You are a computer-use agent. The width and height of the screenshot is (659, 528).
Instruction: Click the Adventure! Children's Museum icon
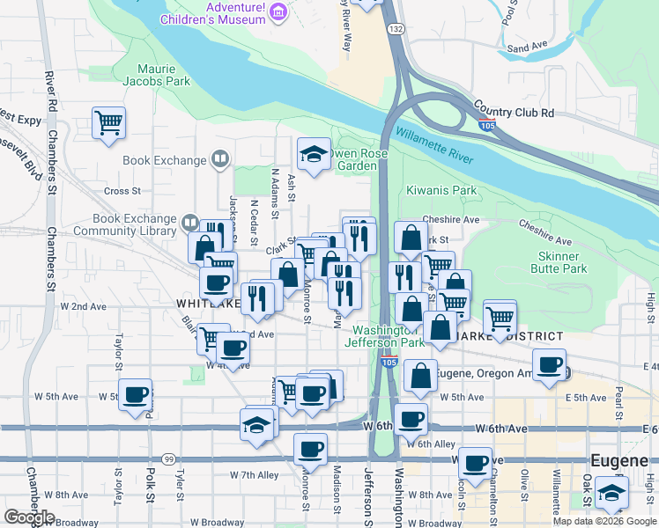[278, 11]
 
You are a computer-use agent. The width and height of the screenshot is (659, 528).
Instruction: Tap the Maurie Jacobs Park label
[164, 75]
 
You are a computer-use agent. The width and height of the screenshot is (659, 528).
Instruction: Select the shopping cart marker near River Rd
[108, 122]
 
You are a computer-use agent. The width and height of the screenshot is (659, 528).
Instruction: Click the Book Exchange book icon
[220, 160]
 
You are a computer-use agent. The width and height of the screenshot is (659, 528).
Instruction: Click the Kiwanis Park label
[441, 190]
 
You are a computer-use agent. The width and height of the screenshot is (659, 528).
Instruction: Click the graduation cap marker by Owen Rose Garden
[313, 155]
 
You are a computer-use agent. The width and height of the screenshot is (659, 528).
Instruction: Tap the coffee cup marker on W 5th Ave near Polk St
[135, 395]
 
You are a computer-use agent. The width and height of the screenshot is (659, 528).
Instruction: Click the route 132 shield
[397, 29]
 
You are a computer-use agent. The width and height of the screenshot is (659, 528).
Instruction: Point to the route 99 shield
[167, 458]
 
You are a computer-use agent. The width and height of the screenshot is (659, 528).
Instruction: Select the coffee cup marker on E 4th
[550, 364]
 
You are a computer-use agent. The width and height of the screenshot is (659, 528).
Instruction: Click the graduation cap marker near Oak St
[611, 493]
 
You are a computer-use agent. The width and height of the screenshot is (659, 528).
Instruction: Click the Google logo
[29, 517]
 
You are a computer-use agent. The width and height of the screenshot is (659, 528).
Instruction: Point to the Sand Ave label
[528, 46]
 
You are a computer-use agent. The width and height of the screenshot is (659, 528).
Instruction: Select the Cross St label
[122, 191]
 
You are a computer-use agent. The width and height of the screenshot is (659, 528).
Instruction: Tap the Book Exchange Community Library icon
[189, 222]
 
